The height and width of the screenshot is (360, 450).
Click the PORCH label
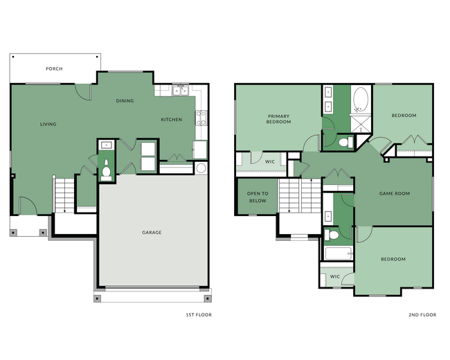(54, 69)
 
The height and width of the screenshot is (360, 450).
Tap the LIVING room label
(48, 124)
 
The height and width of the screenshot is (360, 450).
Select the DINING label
(125, 101)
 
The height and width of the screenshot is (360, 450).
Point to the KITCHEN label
(172, 119)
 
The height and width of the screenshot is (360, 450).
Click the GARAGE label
(152, 232)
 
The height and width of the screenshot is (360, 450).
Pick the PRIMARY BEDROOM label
(278, 118)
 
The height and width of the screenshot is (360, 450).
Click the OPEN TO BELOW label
(258, 197)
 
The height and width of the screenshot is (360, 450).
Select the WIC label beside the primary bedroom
(270, 161)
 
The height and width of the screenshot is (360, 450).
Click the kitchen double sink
(181, 90)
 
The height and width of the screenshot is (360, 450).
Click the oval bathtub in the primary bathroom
(361, 100)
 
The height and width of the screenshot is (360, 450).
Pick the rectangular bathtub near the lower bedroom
(338, 253)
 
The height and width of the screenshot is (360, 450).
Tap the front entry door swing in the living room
(28, 206)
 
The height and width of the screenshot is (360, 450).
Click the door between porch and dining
(84, 91)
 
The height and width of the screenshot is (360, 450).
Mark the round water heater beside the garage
(201, 168)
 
